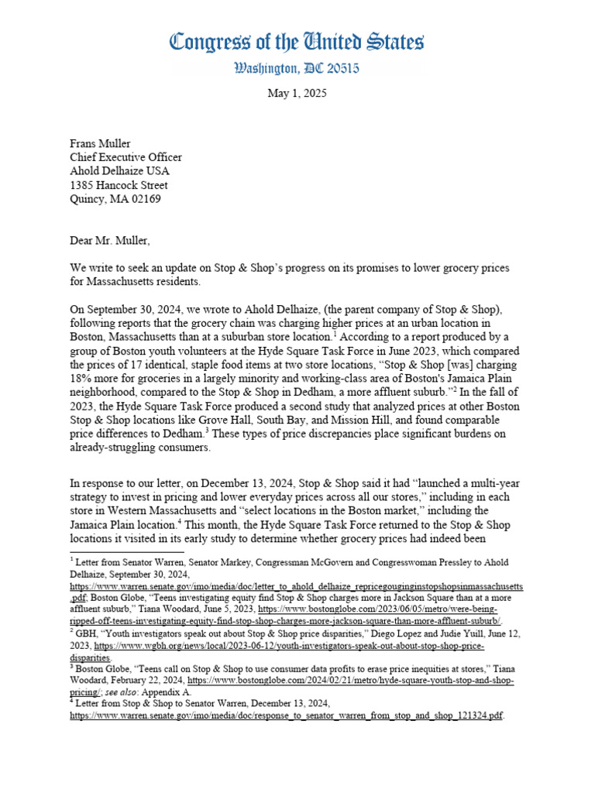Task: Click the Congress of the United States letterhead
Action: click(297, 42)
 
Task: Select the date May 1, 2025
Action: click(297, 94)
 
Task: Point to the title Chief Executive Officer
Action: click(126, 157)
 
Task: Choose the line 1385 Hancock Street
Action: click(119, 185)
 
